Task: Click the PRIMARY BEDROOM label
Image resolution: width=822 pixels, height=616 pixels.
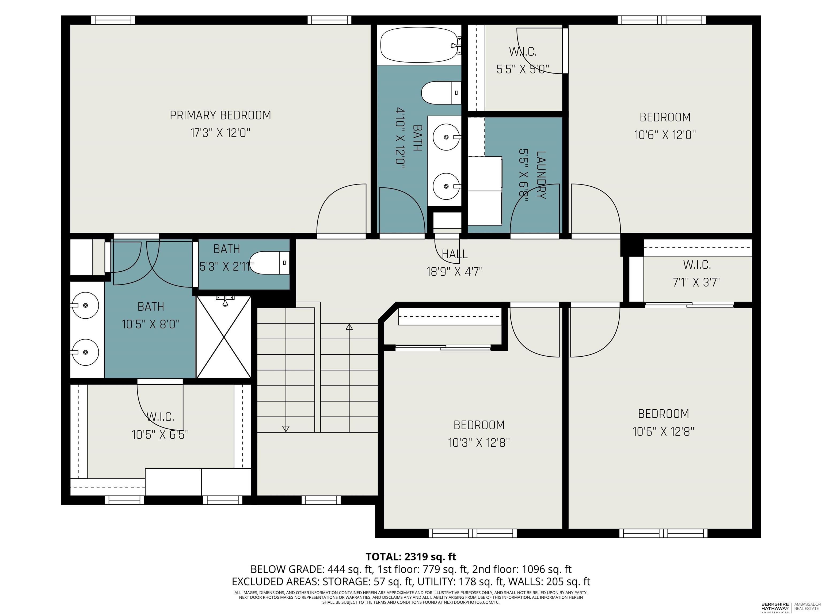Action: click(220, 115)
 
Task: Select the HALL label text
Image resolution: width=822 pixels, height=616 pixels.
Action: click(454, 254)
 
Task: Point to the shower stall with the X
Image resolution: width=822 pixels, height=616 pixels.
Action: click(224, 337)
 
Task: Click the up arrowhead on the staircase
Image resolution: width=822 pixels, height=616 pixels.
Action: click(349, 327)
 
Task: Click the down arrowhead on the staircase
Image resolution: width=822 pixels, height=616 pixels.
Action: click(286, 429)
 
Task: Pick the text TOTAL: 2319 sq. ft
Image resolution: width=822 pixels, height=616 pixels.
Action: click(411, 557)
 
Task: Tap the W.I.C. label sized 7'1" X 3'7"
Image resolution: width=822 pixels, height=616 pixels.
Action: click(697, 265)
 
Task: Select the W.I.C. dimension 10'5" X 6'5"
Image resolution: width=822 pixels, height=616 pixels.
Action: click(160, 434)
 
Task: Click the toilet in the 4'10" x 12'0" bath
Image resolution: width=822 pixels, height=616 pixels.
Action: click(441, 93)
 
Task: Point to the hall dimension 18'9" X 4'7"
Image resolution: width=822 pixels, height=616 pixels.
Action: click(454, 272)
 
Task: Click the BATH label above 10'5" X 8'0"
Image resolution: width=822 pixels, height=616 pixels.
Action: click(151, 307)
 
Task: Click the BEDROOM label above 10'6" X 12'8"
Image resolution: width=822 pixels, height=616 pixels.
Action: click(663, 414)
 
